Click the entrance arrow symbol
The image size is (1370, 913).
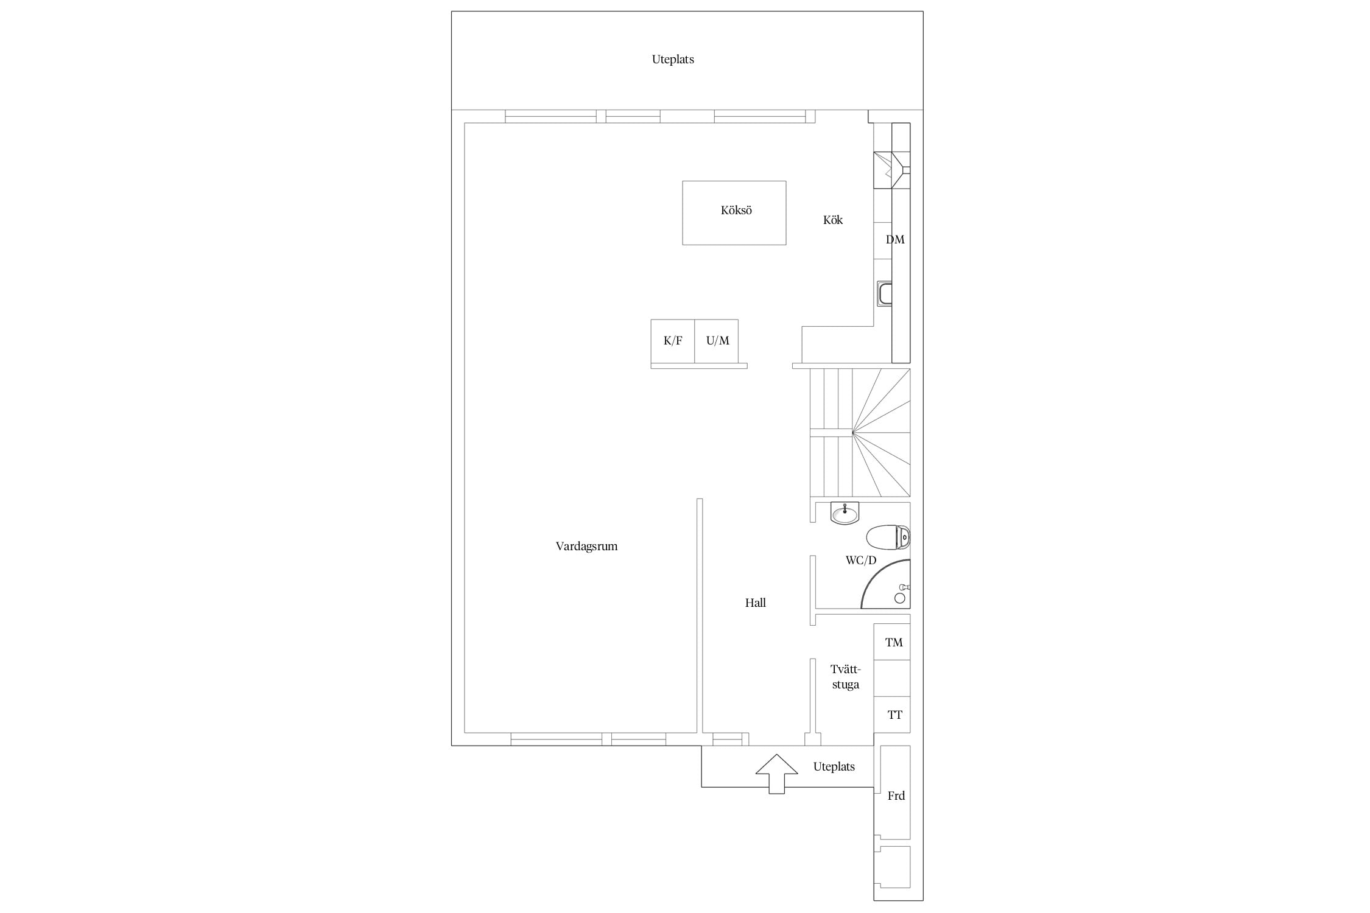(x=776, y=774)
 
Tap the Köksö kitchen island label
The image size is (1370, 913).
(x=736, y=211)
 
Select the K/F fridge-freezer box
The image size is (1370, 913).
(x=673, y=341)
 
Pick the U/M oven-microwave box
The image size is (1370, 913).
(x=717, y=341)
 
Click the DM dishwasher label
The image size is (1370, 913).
(x=894, y=240)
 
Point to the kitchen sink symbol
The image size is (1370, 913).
(x=884, y=294)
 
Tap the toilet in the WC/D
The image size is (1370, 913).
(x=888, y=537)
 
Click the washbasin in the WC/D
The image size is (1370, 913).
(x=845, y=513)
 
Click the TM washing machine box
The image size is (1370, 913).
(x=892, y=642)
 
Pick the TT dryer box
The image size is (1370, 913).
(x=892, y=715)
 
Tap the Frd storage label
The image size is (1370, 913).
(x=896, y=796)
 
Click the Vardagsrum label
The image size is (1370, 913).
(x=586, y=547)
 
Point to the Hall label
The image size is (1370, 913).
(x=755, y=603)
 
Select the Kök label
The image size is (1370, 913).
(x=833, y=220)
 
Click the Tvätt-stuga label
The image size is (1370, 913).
(x=846, y=677)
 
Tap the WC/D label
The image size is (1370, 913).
(x=861, y=560)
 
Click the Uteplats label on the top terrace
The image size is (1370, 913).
(x=673, y=60)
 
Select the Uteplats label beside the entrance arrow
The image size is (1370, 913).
(x=834, y=767)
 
